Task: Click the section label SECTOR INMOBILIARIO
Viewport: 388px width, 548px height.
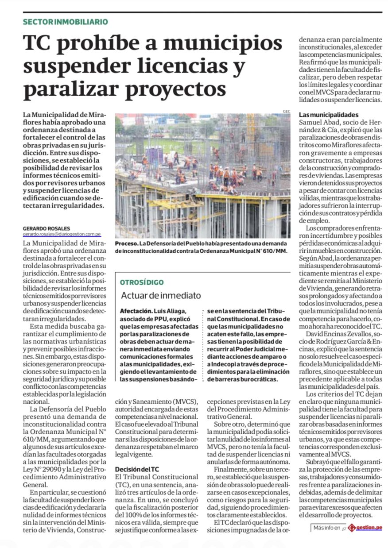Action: point(65,22)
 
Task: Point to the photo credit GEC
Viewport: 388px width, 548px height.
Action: point(286,111)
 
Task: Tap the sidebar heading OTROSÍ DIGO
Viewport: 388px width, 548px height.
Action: point(142,282)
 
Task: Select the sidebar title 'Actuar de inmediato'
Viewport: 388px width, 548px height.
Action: point(161,295)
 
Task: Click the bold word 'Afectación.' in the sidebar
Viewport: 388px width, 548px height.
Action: point(137,311)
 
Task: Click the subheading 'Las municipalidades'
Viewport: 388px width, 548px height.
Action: point(329,115)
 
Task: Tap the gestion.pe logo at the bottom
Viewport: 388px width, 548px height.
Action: point(365,528)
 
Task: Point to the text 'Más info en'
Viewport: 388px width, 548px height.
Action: point(327,528)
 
